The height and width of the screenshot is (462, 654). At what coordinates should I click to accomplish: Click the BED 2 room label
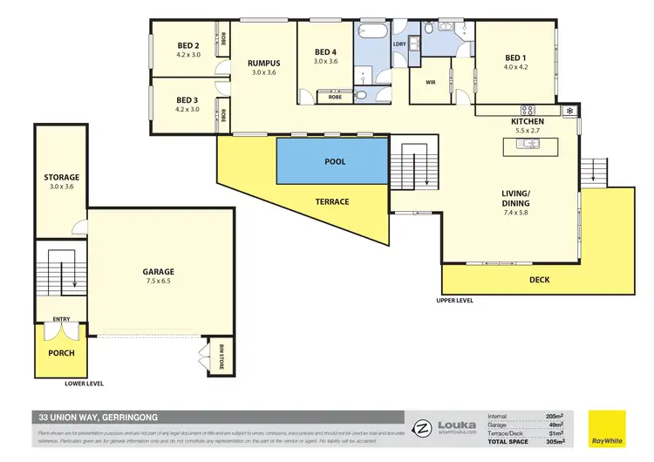pyautogui.click(x=188, y=45)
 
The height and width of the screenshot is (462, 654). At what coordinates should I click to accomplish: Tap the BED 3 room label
pyautogui.click(x=188, y=100)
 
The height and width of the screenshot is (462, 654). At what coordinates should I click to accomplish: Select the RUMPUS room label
pyautogui.click(x=263, y=64)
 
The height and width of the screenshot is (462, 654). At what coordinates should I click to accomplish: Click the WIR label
pyautogui.click(x=431, y=83)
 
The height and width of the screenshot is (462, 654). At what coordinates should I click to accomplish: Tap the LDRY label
pyautogui.click(x=400, y=44)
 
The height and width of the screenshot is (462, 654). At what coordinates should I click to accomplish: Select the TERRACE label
pyautogui.click(x=331, y=201)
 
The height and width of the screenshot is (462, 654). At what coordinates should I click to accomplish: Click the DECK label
pyautogui.click(x=540, y=280)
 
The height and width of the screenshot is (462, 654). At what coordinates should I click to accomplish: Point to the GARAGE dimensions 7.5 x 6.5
pyautogui.click(x=159, y=282)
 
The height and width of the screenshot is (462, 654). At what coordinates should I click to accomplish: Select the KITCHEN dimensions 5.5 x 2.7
pyautogui.click(x=529, y=130)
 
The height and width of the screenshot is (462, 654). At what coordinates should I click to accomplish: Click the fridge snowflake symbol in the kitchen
pyautogui.click(x=569, y=112)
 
